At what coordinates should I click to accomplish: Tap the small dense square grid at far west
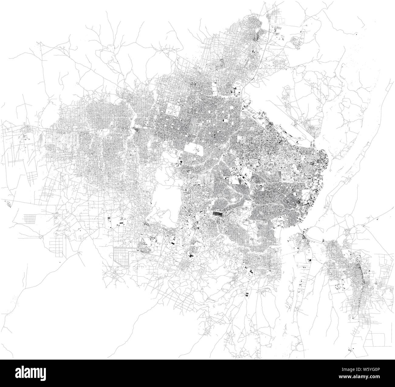[x=30, y=218]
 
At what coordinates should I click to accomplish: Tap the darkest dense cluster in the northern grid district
[x=257, y=37]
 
